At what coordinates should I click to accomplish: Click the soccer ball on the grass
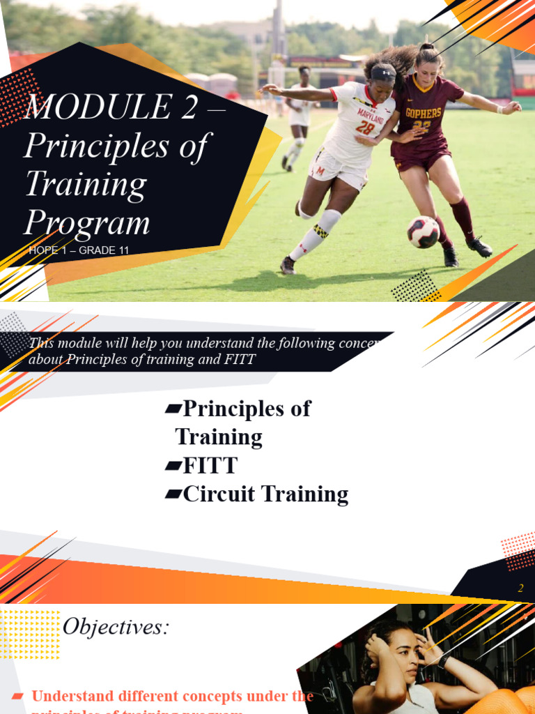click(x=423, y=232)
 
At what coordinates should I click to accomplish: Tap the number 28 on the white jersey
click(x=365, y=127)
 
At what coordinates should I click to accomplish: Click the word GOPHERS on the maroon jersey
click(x=423, y=112)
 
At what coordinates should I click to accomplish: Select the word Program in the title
click(x=87, y=223)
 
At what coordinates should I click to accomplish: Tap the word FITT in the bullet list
click(x=209, y=465)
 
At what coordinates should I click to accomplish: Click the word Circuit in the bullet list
click(x=217, y=494)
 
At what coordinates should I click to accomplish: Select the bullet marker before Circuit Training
click(x=173, y=494)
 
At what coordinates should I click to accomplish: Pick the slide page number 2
click(x=520, y=588)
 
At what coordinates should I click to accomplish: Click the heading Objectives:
click(x=116, y=627)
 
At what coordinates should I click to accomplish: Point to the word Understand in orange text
click(x=76, y=696)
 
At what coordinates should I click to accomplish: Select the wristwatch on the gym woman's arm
click(x=444, y=660)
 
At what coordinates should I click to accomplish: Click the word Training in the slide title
click(x=86, y=184)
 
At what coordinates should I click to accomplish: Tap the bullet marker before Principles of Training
click(x=173, y=409)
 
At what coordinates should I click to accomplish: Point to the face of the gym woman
click(x=402, y=656)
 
